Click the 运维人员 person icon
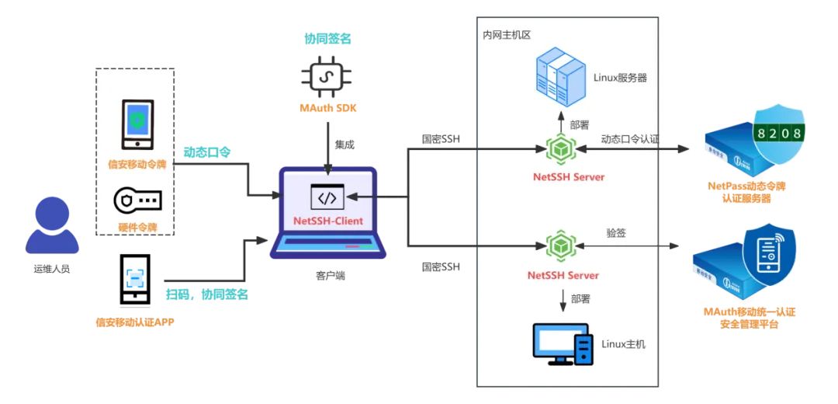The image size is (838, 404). click(52, 226)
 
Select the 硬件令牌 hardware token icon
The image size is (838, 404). click(137, 200)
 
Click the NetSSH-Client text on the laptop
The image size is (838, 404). click(327, 221)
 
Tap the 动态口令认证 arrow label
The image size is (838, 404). click(629, 140)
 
